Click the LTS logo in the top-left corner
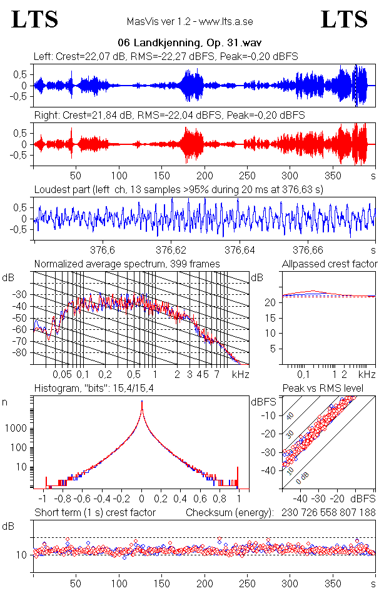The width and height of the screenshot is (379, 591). (x=35, y=19)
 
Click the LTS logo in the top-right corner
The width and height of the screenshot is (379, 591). (x=344, y=19)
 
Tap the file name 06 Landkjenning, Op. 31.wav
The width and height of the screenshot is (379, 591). (x=189, y=43)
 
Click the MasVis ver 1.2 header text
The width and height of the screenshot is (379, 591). (x=189, y=21)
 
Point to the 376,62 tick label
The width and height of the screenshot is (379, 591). (x=172, y=251)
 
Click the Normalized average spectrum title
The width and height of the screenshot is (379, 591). (x=127, y=264)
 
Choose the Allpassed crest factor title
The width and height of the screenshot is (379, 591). (x=330, y=264)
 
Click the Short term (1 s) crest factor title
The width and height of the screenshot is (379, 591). (x=94, y=512)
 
